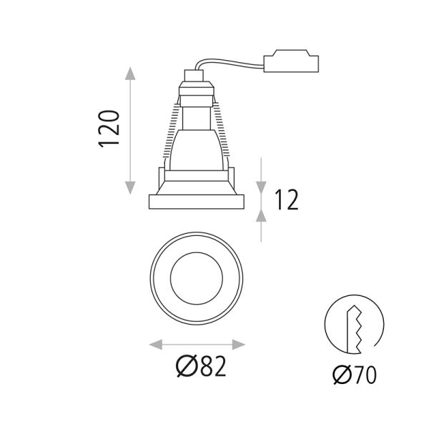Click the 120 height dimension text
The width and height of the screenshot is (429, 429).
pyautogui.click(x=109, y=129)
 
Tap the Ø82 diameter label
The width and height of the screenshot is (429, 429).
pyautogui.click(x=201, y=367)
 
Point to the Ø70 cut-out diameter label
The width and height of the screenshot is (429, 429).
pyautogui.click(x=354, y=374)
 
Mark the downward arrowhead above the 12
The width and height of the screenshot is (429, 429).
pyautogui.click(x=263, y=187)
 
